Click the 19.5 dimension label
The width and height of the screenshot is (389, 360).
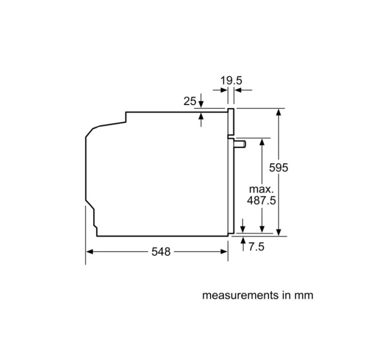tap(231, 81)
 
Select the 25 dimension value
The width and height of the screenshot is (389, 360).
tap(190, 101)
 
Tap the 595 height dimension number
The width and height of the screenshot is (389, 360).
tap(279, 168)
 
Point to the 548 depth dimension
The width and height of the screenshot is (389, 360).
tap(161, 252)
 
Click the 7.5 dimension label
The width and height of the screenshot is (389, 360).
tap(256, 247)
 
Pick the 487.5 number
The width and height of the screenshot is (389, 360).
tap(261, 201)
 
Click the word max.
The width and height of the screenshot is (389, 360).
tap(261, 189)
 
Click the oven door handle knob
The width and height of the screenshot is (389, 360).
tap(240, 144)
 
